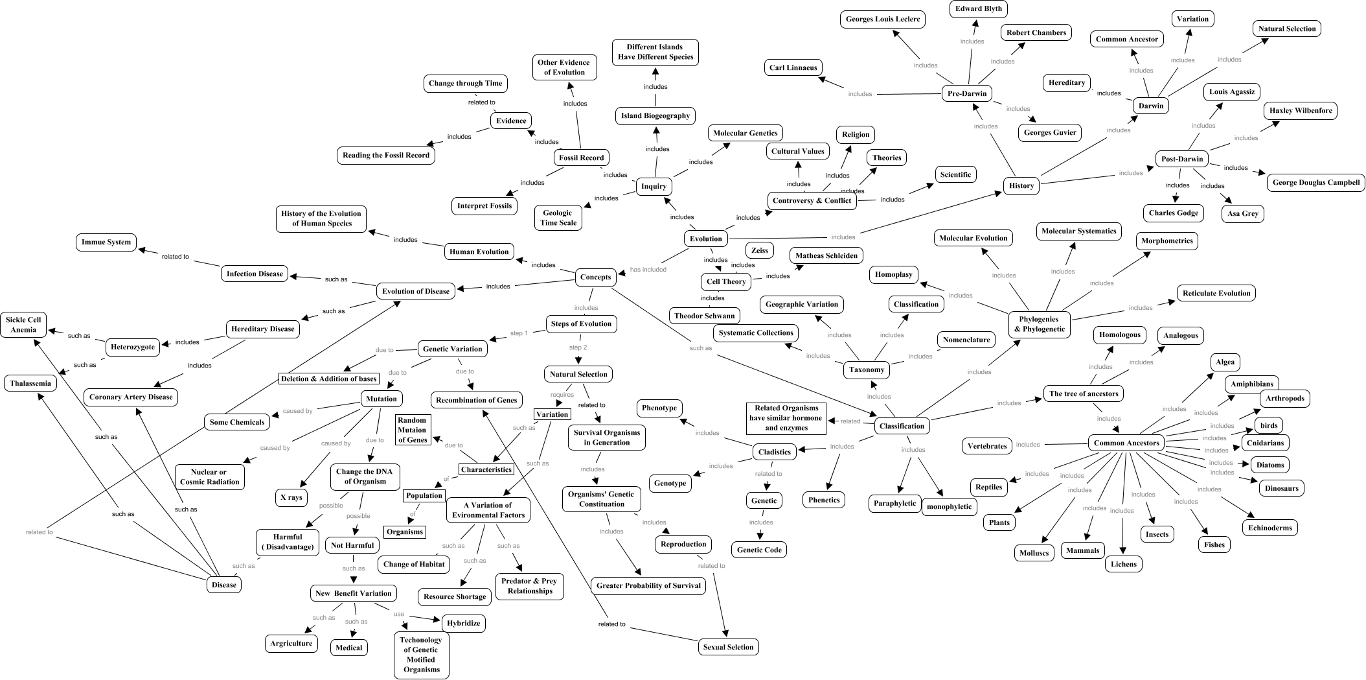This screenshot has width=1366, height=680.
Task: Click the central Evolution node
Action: coord(705,239)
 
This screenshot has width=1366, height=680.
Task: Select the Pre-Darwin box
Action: coord(967,93)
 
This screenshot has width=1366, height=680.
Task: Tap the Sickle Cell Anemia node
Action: coord(24,325)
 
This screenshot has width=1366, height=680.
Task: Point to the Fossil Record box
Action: coord(582,158)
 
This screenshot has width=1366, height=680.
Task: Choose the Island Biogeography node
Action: coord(655,116)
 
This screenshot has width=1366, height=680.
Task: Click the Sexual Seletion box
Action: coord(728,647)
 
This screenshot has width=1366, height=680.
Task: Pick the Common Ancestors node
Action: coord(1126,443)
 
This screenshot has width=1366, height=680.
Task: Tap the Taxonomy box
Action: coord(867,370)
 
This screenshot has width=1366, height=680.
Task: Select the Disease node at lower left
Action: coord(224,585)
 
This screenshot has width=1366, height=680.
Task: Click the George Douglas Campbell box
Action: coord(1315,182)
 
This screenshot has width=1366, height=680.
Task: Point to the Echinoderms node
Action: coord(1270,528)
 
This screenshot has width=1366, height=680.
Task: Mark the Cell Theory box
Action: coord(726,281)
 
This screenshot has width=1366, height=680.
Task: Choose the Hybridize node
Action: coord(464,623)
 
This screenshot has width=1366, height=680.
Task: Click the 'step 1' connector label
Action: coord(519,333)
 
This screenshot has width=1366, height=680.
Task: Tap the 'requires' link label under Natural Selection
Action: coord(562,394)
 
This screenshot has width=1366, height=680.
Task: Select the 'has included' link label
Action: coord(648,270)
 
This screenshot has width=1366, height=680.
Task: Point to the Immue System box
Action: coord(106,242)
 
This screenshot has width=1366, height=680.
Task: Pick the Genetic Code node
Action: coord(759,550)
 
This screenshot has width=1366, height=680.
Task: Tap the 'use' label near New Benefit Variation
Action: coord(398,614)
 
